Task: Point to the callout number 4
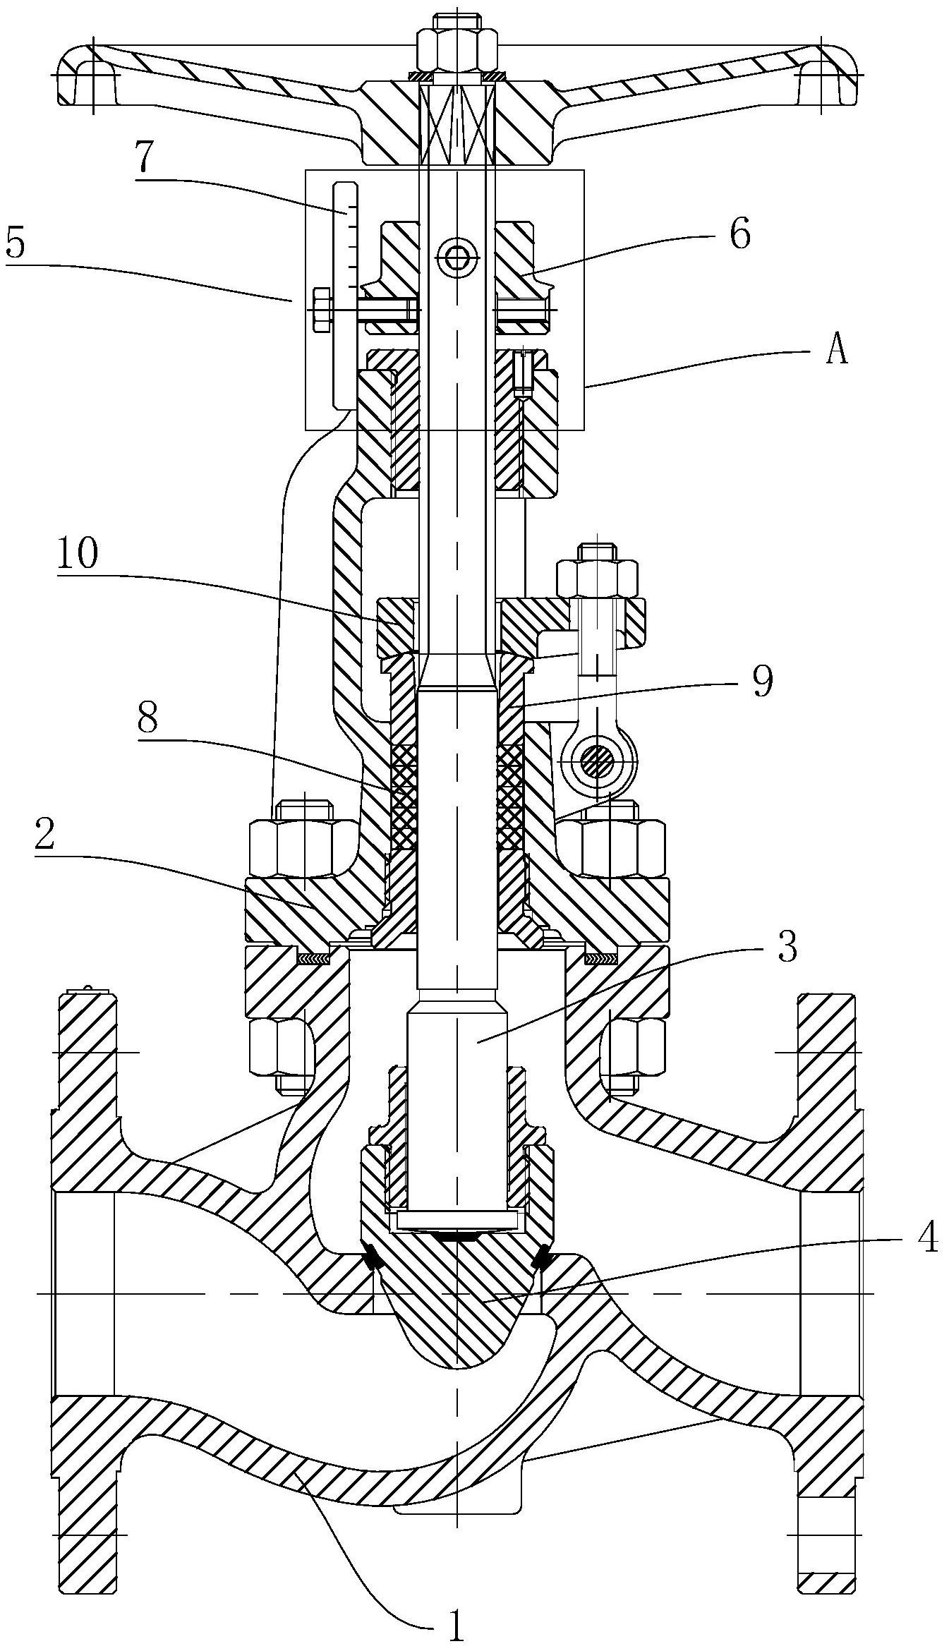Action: pyautogui.click(x=929, y=1236)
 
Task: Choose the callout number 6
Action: pyautogui.click(x=739, y=234)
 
